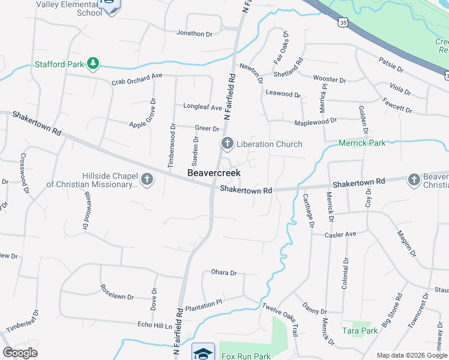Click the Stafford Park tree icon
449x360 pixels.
(92, 63)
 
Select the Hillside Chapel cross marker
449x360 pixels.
(146, 179)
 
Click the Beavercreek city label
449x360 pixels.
(214, 173)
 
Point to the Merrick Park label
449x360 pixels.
(362, 143)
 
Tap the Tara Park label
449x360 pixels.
(360, 331)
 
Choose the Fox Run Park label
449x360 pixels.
(246, 356)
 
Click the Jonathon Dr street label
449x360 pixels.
(194, 34)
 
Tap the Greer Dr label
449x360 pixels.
(207, 128)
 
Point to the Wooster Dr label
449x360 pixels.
(330, 80)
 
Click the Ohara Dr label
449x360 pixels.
(224, 272)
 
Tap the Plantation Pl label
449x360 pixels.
(203, 305)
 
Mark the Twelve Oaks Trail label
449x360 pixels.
(280, 314)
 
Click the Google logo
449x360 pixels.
(20, 353)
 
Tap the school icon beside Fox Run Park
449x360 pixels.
(203, 352)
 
